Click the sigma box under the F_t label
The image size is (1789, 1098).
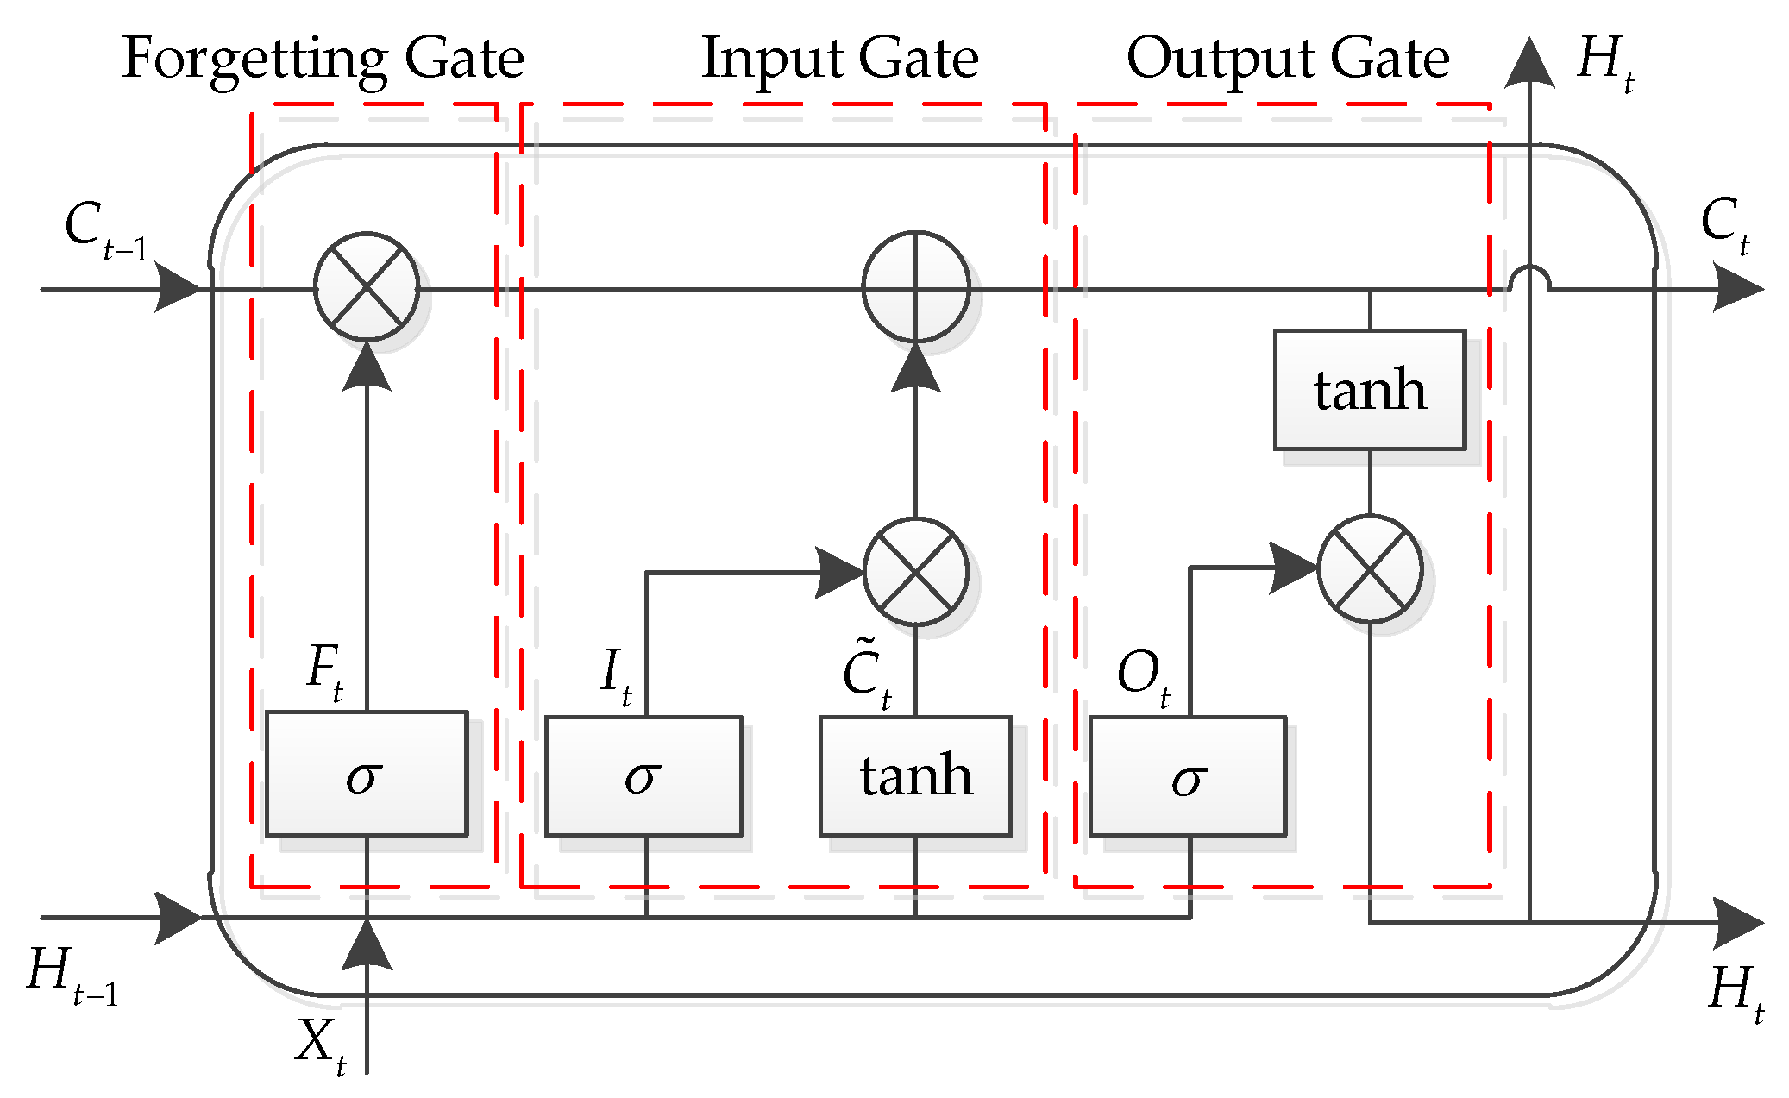click(x=367, y=774)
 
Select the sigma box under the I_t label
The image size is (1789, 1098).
click(x=643, y=775)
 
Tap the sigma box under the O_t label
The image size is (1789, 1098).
click(x=1188, y=775)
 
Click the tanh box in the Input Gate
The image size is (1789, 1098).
click(x=915, y=775)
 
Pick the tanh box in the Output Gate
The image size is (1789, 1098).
click(x=1370, y=390)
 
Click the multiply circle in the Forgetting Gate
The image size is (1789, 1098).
click(x=367, y=286)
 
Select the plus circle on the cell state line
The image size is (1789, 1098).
click(x=916, y=286)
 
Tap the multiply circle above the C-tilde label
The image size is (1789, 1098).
click(x=916, y=571)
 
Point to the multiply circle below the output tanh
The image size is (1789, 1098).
click(x=1370, y=569)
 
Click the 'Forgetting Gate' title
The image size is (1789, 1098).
click(x=323, y=59)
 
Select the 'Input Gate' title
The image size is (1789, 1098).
click(x=839, y=59)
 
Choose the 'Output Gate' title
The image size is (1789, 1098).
click(x=1287, y=59)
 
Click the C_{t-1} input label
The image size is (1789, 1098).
click(x=104, y=229)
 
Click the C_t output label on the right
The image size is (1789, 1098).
click(x=1725, y=224)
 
